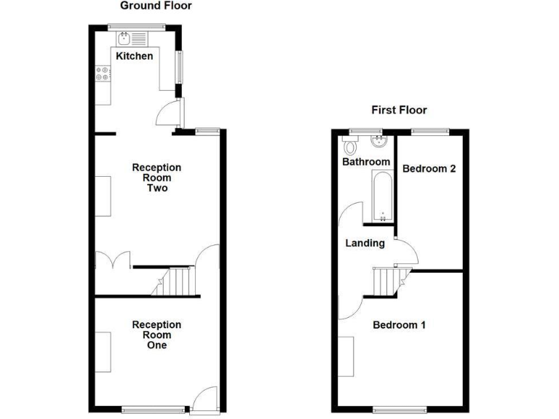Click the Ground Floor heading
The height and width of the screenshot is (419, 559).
click(156, 7)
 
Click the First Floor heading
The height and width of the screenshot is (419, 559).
click(399, 111)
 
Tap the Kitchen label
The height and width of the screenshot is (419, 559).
click(134, 56)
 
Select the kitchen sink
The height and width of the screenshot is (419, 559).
click(125, 37)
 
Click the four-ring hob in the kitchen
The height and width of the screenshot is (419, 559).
click(103, 73)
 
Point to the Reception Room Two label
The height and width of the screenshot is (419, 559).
click(156, 178)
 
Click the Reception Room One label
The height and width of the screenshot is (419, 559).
click(156, 335)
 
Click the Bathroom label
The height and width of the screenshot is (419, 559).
click(366, 161)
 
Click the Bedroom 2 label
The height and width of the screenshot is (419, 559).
click(429, 168)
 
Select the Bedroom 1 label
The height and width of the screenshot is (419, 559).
click(399, 325)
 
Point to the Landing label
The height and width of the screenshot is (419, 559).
click(365, 243)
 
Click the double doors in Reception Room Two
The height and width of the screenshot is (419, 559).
click(114, 260)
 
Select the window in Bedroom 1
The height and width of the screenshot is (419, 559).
click(400, 407)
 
